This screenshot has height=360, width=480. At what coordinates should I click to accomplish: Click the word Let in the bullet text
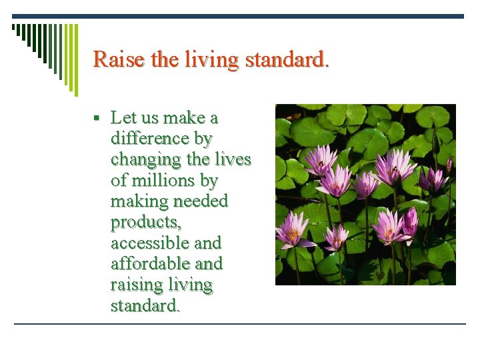point(123,118)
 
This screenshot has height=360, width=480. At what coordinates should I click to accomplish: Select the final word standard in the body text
point(145,306)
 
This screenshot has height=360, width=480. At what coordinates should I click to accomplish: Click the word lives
point(233,160)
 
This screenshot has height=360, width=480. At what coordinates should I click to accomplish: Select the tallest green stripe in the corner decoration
point(75,60)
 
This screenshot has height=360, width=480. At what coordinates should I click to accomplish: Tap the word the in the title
point(165,59)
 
